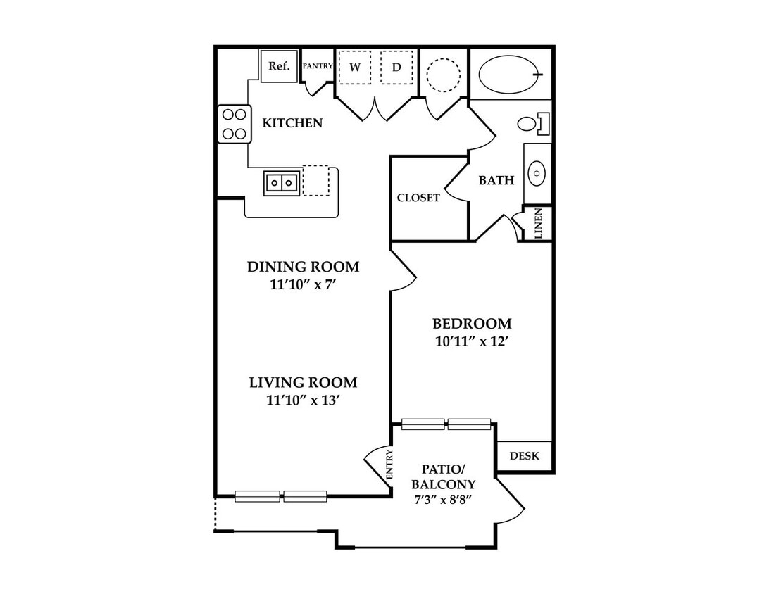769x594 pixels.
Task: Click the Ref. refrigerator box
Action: tap(279, 65)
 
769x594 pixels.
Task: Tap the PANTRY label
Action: tap(318, 65)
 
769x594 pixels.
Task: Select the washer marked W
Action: tap(355, 67)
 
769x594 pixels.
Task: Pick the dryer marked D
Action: tap(396, 67)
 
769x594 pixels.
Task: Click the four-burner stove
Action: tap(235, 124)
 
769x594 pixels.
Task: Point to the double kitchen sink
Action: tap(282, 183)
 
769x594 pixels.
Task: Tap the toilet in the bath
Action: tap(533, 123)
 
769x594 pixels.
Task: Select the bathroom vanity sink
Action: tap(537, 174)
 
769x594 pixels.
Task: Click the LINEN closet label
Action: tap(539, 224)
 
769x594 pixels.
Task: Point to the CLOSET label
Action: tap(418, 198)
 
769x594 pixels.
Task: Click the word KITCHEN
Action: tap(292, 122)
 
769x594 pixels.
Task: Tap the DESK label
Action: tap(524, 456)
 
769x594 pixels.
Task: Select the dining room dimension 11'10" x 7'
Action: tap(303, 284)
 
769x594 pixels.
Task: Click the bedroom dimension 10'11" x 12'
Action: tap(470, 341)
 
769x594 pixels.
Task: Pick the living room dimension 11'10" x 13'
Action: tap(303, 400)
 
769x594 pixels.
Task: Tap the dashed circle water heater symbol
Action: tap(444, 75)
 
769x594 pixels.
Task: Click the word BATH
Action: tap(496, 180)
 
